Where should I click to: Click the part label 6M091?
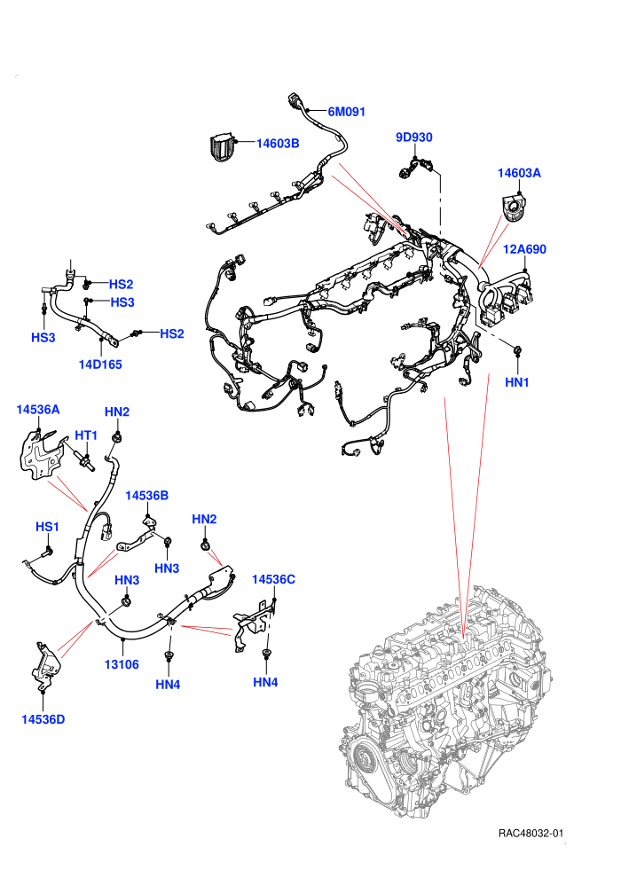tap(347, 112)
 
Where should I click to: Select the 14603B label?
tap(278, 144)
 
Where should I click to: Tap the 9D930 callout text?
tap(413, 137)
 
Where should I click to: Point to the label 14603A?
tap(519, 173)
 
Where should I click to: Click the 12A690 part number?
tap(524, 249)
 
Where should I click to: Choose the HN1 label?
tap(517, 382)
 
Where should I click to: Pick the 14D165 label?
tap(100, 365)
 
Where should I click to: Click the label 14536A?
tap(38, 410)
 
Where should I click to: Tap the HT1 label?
tap(86, 435)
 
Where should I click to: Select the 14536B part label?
tap(146, 496)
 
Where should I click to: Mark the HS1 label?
tap(47, 527)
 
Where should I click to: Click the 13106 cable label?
tap(122, 664)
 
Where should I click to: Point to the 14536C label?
tap(273, 579)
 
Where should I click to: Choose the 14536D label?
tap(43, 719)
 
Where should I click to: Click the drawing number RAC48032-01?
tap(531, 833)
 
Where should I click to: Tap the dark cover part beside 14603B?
tap(222, 146)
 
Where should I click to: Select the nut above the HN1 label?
tap(517, 350)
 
